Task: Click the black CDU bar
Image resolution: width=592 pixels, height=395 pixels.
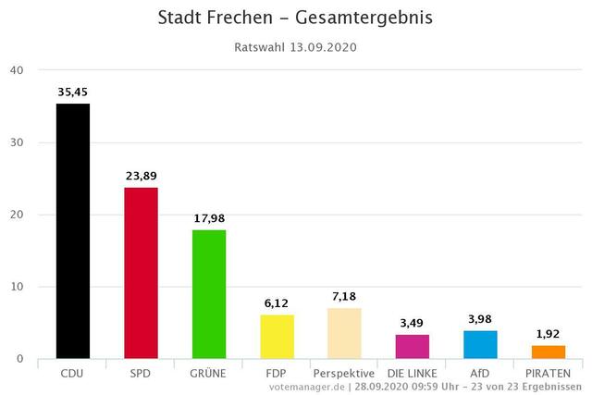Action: (x=73, y=231)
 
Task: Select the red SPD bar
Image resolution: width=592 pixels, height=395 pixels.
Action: (x=141, y=273)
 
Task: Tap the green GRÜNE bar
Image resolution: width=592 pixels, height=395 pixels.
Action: (x=209, y=294)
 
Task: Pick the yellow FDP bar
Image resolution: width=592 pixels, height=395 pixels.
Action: (x=277, y=337)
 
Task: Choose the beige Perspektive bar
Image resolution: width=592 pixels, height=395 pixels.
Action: (x=344, y=333)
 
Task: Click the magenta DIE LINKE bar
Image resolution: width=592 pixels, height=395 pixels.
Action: (x=413, y=347)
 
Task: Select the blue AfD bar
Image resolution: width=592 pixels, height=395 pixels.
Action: (x=480, y=345)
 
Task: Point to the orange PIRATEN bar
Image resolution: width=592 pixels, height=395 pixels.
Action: (x=549, y=352)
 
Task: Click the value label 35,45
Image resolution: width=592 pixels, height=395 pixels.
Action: (x=72, y=93)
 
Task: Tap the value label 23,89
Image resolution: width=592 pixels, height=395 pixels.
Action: (x=142, y=176)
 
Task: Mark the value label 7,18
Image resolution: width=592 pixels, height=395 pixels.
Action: (x=344, y=296)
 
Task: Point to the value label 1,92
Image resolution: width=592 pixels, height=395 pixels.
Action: (x=548, y=334)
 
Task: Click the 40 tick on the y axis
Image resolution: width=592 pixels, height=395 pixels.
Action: (x=17, y=70)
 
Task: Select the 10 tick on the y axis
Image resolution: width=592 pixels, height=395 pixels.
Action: (x=17, y=287)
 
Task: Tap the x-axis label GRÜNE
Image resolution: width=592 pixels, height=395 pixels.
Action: (x=207, y=374)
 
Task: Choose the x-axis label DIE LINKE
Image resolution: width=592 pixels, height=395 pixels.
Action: (x=412, y=374)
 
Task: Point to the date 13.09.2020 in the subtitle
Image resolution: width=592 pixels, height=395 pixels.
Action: (x=323, y=47)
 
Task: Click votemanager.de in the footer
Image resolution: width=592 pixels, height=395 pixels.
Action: (x=307, y=387)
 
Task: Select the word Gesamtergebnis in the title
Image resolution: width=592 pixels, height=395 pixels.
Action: (x=364, y=19)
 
